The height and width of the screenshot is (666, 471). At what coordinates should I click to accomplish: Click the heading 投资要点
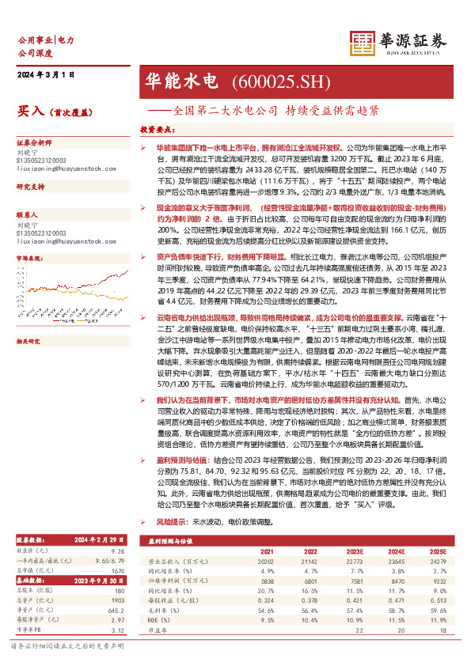[x=156, y=130]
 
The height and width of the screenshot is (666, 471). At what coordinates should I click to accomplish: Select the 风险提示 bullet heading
[x=170, y=523]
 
